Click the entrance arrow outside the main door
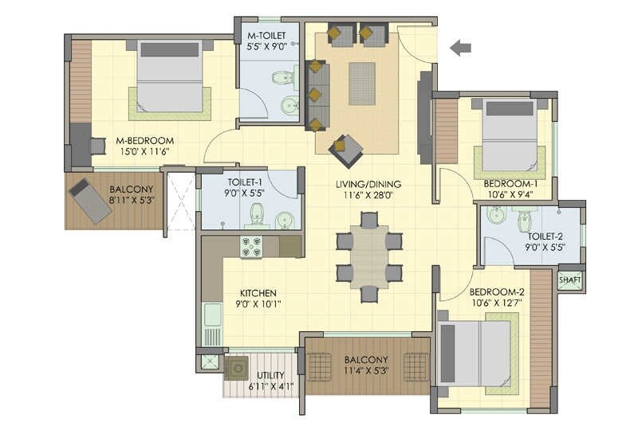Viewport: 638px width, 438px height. [x=459, y=49]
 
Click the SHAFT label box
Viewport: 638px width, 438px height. [x=569, y=280]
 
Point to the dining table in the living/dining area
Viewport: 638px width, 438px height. [x=369, y=256]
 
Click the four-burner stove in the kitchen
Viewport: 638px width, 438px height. [x=253, y=248]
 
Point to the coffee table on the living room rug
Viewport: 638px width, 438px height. [x=361, y=83]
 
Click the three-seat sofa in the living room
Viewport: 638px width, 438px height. [x=317, y=95]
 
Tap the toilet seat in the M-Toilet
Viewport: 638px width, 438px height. [x=282, y=78]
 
